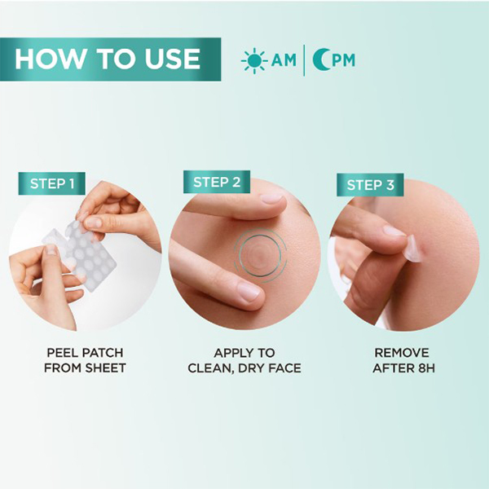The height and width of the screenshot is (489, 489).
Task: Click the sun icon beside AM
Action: [254, 60]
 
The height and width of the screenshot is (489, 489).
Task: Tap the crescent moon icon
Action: [320, 59]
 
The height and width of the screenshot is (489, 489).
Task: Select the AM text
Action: [284, 60]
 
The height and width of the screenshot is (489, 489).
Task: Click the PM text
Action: [343, 60]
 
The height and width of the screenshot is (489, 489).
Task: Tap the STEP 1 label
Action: [52, 183]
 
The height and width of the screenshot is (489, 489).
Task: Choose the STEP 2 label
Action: [217, 182]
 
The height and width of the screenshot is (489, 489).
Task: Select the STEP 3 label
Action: [370, 185]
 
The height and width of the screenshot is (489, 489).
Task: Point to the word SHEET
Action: [105, 368]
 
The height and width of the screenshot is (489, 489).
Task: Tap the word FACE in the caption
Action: [284, 368]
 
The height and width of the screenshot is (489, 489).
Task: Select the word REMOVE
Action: [402, 353]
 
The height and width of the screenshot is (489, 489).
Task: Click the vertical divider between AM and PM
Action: [304, 60]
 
